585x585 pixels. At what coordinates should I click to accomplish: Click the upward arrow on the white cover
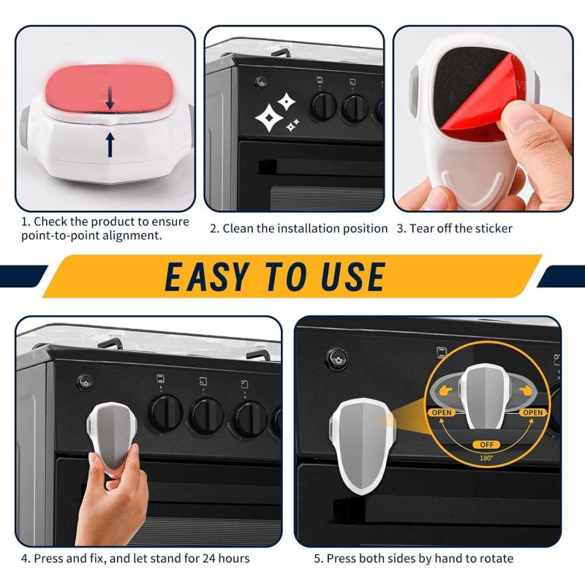[x=110, y=143]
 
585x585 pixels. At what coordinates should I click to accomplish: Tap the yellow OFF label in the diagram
[x=487, y=444]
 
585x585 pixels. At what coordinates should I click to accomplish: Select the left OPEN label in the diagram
[x=441, y=412]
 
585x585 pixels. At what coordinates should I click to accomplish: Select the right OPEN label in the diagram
[x=533, y=412]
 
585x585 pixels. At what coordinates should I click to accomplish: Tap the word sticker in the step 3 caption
[x=492, y=228]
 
